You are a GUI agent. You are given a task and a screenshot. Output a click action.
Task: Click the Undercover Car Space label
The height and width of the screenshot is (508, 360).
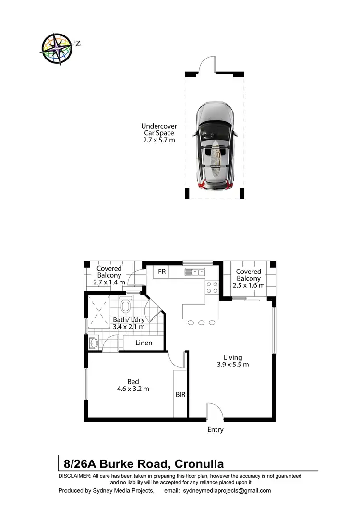pyautogui.click(x=158, y=130)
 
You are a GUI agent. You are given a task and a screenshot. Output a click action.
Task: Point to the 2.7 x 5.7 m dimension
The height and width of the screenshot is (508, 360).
pyautogui.click(x=158, y=140)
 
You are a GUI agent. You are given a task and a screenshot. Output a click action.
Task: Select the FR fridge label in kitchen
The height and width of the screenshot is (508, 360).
pyautogui.click(x=162, y=272)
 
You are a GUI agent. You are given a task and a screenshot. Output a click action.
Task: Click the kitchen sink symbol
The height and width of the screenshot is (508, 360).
pyautogui.click(x=195, y=272)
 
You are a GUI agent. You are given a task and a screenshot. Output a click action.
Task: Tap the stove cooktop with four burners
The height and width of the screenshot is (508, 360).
pyautogui.click(x=212, y=287)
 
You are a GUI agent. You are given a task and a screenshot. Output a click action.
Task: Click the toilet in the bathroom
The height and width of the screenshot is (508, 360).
pyautogui.click(x=126, y=306)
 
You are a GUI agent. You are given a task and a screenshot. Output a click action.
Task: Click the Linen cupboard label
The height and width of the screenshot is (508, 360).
pyautogui.click(x=144, y=343)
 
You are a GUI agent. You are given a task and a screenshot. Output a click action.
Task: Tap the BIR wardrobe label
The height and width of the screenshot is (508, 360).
pyautogui.click(x=180, y=395)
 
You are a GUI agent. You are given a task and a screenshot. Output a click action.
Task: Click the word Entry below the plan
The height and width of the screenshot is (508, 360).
pyautogui.click(x=215, y=430)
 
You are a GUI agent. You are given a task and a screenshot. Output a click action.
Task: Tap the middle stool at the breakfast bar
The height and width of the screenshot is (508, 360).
pyautogui.click(x=201, y=322)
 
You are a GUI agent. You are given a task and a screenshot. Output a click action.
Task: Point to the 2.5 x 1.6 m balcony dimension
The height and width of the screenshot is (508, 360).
pyautogui.click(x=249, y=285)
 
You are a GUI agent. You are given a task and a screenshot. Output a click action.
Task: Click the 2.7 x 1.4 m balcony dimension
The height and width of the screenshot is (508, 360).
pyautogui.click(x=109, y=283)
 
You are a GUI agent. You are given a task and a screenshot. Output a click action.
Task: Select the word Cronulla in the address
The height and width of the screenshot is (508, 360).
pyautogui.click(x=199, y=464)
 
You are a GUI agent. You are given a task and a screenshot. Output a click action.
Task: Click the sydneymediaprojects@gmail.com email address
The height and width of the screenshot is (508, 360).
pyautogui.click(x=225, y=491)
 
